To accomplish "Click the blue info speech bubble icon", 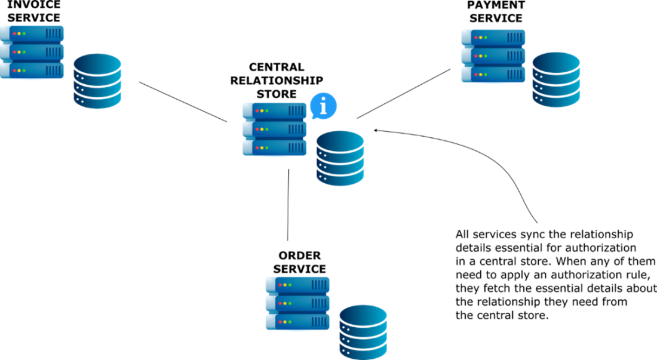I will click(x=323, y=106).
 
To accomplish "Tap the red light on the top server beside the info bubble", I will click(x=257, y=110).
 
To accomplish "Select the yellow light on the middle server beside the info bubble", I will click(x=262, y=129).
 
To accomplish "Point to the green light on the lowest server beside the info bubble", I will click(x=267, y=147).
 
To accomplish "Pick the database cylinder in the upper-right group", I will click(x=556, y=80).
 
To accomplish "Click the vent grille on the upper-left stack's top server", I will click(x=53, y=33).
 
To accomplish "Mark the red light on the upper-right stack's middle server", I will click(x=476, y=56).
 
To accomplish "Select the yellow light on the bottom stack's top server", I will click(x=285, y=285).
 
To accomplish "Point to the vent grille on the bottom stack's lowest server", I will click(x=319, y=322).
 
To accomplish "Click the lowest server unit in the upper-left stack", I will click(x=32, y=70).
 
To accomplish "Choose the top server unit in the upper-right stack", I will click(x=493, y=37).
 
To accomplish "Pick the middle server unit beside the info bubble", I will click(x=275, y=129).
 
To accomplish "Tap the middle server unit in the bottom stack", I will click(x=297, y=303).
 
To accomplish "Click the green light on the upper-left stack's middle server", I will click(x=24, y=52).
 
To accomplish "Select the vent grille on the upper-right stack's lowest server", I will click(x=515, y=75).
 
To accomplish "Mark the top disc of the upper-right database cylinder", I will click(x=556, y=62).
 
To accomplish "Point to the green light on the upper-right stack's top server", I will click(x=486, y=38).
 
